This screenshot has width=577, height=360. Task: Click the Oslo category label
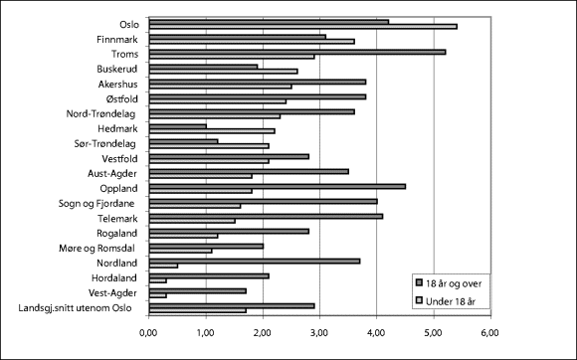point(129,23)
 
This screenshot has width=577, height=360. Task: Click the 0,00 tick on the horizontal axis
point(149,334)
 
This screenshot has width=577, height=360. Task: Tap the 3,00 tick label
point(319,334)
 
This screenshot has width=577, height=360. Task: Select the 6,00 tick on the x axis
point(488,334)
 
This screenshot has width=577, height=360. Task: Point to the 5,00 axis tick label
point(432,334)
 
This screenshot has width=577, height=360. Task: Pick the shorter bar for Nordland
point(163,266)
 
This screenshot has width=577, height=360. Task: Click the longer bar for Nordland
point(254,260)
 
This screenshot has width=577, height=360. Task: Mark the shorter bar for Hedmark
point(177,126)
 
